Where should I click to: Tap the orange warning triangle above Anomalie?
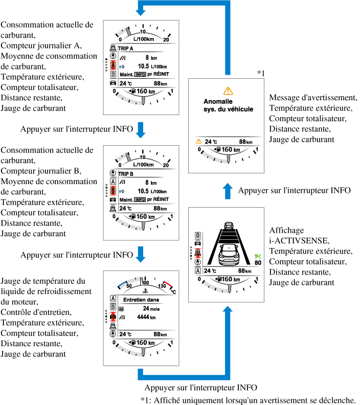click(228, 91)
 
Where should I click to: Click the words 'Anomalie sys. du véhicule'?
click(228, 105)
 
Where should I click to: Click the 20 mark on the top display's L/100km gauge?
click(166, 39)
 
